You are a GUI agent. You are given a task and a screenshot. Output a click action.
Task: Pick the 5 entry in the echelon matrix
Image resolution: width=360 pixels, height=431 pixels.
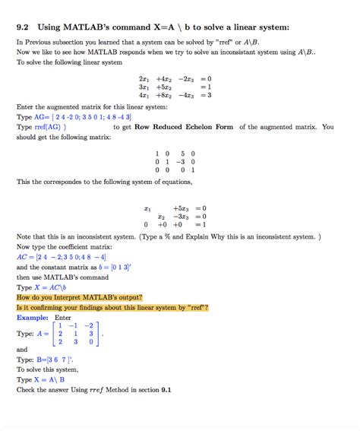(x=182, y=153)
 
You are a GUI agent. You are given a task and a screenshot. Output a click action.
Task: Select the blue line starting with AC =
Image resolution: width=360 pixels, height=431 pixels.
(x=67, y=257)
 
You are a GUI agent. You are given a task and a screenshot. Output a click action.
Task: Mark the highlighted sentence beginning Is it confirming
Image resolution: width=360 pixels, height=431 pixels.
(x=112, y=307)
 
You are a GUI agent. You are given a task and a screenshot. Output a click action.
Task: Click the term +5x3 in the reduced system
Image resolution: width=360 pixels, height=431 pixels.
(x=180, y=208)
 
